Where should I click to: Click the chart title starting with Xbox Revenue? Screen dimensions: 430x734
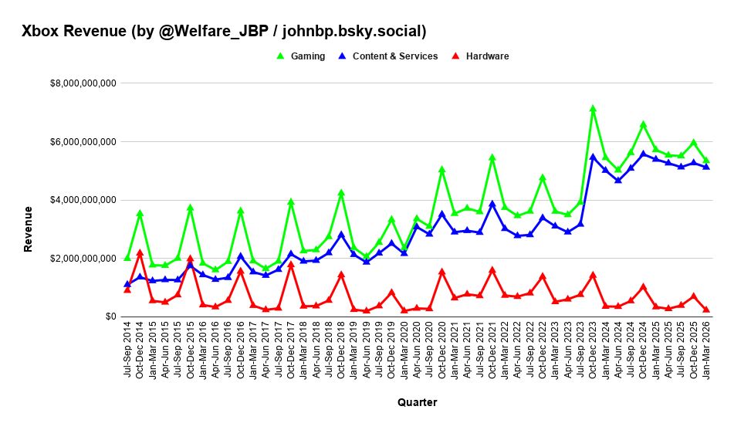pos(224,31)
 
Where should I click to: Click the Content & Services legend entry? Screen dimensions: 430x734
pos(394,56)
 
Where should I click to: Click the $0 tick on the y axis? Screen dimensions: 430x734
pos(110,317)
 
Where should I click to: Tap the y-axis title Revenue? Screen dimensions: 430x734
pos(29,229)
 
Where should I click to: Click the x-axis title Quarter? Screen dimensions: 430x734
pos(417,402)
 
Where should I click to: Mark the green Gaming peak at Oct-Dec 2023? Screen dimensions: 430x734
pos(593,109)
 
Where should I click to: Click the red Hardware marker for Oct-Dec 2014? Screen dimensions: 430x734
pos(140,252)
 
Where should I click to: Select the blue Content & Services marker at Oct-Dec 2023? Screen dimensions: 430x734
pos(593,157)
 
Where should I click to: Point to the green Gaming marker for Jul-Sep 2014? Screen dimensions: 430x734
pos(127,257)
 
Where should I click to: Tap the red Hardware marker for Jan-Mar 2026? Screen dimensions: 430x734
pos(705,309)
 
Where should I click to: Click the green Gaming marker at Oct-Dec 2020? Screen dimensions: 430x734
pos(441,169)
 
